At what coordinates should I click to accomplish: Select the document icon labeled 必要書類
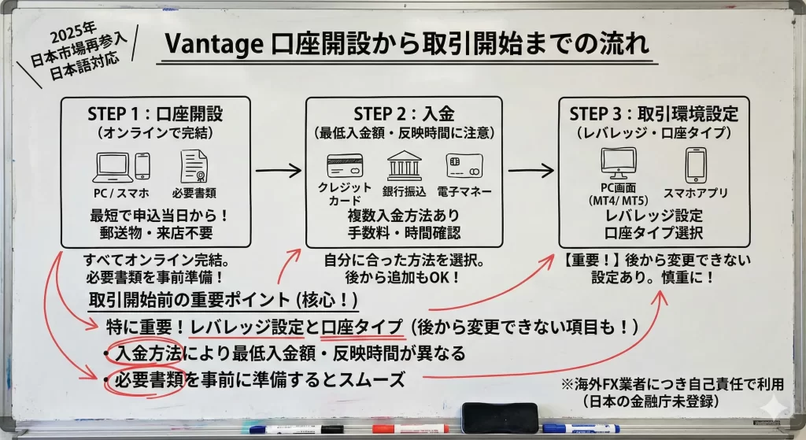coord(194,167)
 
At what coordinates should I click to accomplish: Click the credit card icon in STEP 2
coord(344,166)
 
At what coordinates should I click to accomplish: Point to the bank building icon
coord(404,165)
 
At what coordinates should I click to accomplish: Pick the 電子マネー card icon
coord(463,165)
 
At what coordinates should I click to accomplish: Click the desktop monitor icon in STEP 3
coord(618,164)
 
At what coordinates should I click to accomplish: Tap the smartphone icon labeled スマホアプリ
coord(696,165)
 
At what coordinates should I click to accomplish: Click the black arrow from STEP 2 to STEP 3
coord(530,169)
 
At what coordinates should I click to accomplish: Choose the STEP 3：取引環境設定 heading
coord(653,114)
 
